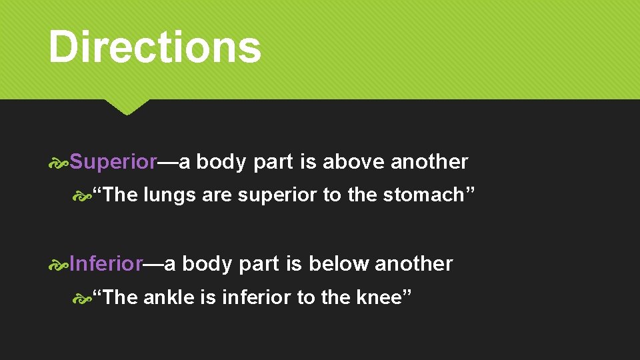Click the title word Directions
pyautogui.click(x=155, y=47)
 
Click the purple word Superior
pyautogui.click(x=113, y=162)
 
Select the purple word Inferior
pyautogui.click(x=106, y=264)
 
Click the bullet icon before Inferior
pyautogui.click(x=59, y=265)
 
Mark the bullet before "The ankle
pyautogui.click(x=83, y=298)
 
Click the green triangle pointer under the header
pyautogui.click(x=127, y=107)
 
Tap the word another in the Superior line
pyautogui.click(x=429, y=162)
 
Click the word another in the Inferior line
pyautogui.click(x=414, y=264)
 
